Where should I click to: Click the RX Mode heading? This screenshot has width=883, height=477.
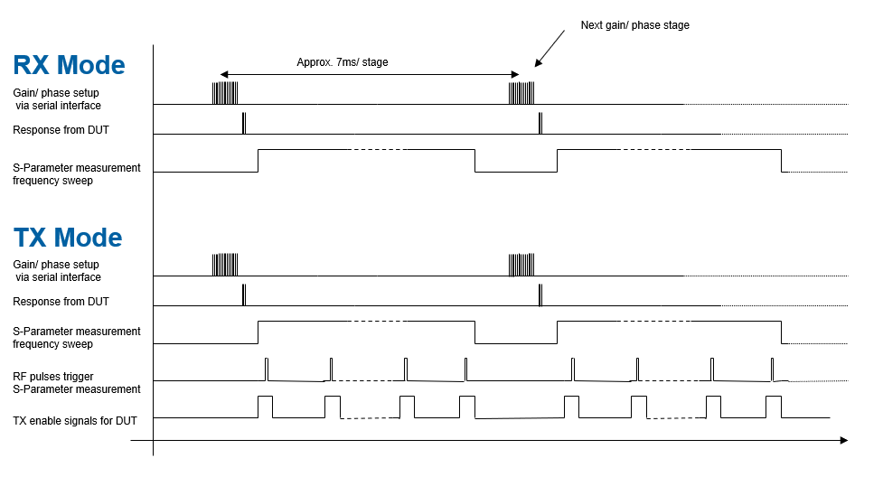point(69,65)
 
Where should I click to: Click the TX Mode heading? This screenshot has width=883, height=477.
point(68,238)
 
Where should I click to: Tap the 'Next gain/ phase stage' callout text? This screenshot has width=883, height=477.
point(634,25)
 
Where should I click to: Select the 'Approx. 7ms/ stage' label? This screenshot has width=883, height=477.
point(343,63)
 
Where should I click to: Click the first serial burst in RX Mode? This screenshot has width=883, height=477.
point(225,93)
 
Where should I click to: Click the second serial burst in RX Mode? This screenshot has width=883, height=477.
point(521,93)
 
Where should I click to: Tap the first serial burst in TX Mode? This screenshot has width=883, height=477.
point(225,265)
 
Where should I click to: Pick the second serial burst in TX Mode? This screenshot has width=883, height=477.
point(521,265)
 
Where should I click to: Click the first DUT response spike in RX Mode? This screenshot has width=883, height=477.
point(244,124)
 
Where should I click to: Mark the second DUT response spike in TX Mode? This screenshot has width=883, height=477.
point(540,295)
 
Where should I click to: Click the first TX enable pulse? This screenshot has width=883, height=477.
point(265,406)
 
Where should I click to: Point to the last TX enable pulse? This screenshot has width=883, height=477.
point(774,406)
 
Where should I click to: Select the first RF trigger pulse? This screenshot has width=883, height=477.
point(267,369)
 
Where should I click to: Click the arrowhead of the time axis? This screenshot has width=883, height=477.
point(843,441)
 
